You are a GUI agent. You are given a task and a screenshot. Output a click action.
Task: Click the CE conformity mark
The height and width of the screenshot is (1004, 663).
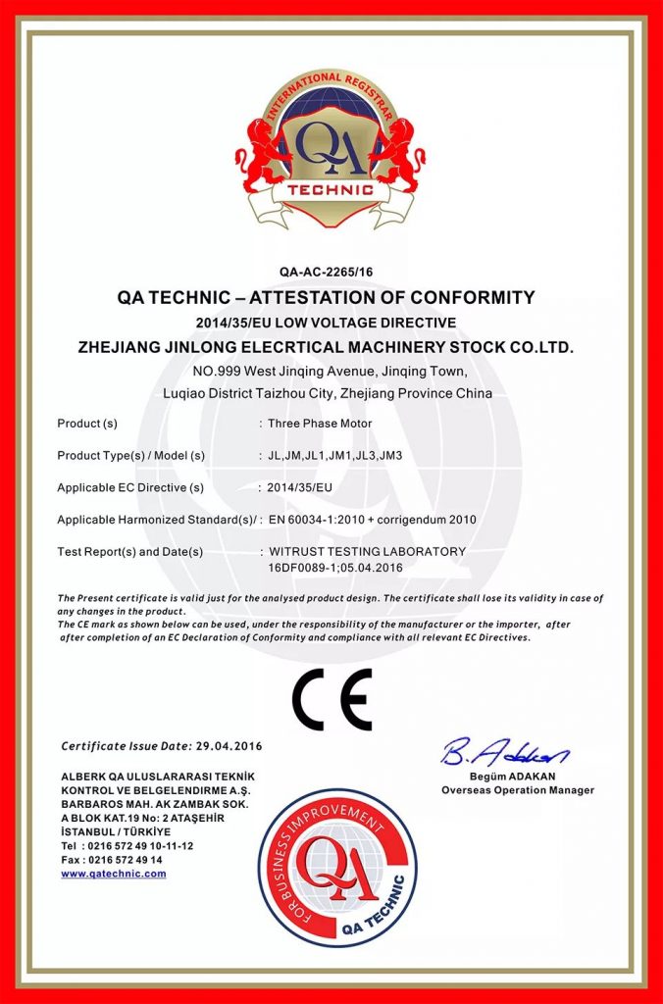click(x=331, y=699)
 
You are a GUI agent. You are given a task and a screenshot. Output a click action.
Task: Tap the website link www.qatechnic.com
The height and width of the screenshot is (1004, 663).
click(x=113, y=873)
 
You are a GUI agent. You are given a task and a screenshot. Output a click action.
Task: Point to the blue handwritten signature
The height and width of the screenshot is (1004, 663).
click(x=505, y=753)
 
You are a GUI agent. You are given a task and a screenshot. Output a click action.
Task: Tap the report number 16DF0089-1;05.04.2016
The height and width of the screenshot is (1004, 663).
click(x=335, y=567)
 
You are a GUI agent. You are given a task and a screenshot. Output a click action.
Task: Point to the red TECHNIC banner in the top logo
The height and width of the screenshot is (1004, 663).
click(x=331, y=188)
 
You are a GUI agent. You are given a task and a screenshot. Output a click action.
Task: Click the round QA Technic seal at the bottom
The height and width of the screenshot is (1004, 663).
click(x=331, y=868)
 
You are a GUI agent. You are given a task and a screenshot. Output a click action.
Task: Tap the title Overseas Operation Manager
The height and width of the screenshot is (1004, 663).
click(x=518, y=789)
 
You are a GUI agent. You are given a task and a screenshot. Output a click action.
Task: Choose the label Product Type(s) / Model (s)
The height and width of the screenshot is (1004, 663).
click(x=130, y=455)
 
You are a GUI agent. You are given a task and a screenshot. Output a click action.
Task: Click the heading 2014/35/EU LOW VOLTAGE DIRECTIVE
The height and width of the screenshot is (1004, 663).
click(x=331, y=322)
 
